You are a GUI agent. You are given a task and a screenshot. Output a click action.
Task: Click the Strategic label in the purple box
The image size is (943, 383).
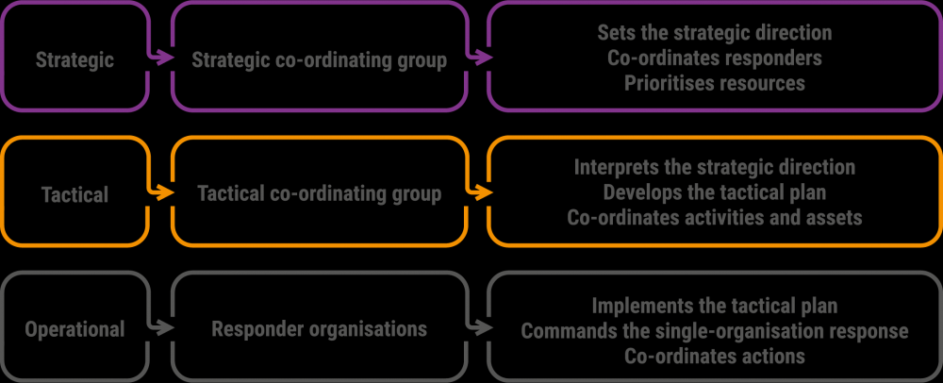point(74,60)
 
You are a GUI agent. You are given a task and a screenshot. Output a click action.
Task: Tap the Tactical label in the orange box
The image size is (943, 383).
point(75,195)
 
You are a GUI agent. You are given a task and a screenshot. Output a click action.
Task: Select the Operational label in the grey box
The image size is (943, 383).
point(75,329)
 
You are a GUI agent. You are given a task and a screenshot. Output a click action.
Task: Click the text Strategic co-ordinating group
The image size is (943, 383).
point(320,60)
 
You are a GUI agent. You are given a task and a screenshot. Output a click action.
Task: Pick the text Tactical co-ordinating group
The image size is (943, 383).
point(320,194)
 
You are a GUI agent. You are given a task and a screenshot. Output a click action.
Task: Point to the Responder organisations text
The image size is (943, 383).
point(320,329)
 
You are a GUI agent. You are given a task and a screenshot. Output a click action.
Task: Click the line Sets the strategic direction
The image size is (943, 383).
point(715,32)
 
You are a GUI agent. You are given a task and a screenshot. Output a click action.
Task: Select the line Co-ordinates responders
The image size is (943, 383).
point(715,58)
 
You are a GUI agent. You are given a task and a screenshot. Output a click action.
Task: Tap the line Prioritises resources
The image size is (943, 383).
point(715,83)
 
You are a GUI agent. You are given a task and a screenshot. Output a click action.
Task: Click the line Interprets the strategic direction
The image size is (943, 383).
point(715,167)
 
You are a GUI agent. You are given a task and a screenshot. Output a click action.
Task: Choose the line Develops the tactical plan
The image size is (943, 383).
point(715,192)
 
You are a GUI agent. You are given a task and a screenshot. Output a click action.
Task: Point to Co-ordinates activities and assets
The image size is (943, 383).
point(715,218)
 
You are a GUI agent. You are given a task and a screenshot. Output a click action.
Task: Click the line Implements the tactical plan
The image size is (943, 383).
point(715,306)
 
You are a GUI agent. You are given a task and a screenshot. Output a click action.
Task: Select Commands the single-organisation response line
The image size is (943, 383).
point(715,331)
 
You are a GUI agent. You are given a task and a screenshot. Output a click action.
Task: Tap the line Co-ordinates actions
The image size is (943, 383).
point(715,356)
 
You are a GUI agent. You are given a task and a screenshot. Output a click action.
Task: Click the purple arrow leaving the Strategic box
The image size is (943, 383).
point(158,58)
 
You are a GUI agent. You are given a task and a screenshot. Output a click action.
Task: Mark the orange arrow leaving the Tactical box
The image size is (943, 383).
point(158,193)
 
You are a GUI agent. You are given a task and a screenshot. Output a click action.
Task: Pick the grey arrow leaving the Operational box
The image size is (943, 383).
point(158,327)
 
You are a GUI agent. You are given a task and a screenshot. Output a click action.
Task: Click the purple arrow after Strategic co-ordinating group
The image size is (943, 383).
point(479,58)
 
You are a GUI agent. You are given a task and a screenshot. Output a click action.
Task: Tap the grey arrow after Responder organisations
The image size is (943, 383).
point(479,327)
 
